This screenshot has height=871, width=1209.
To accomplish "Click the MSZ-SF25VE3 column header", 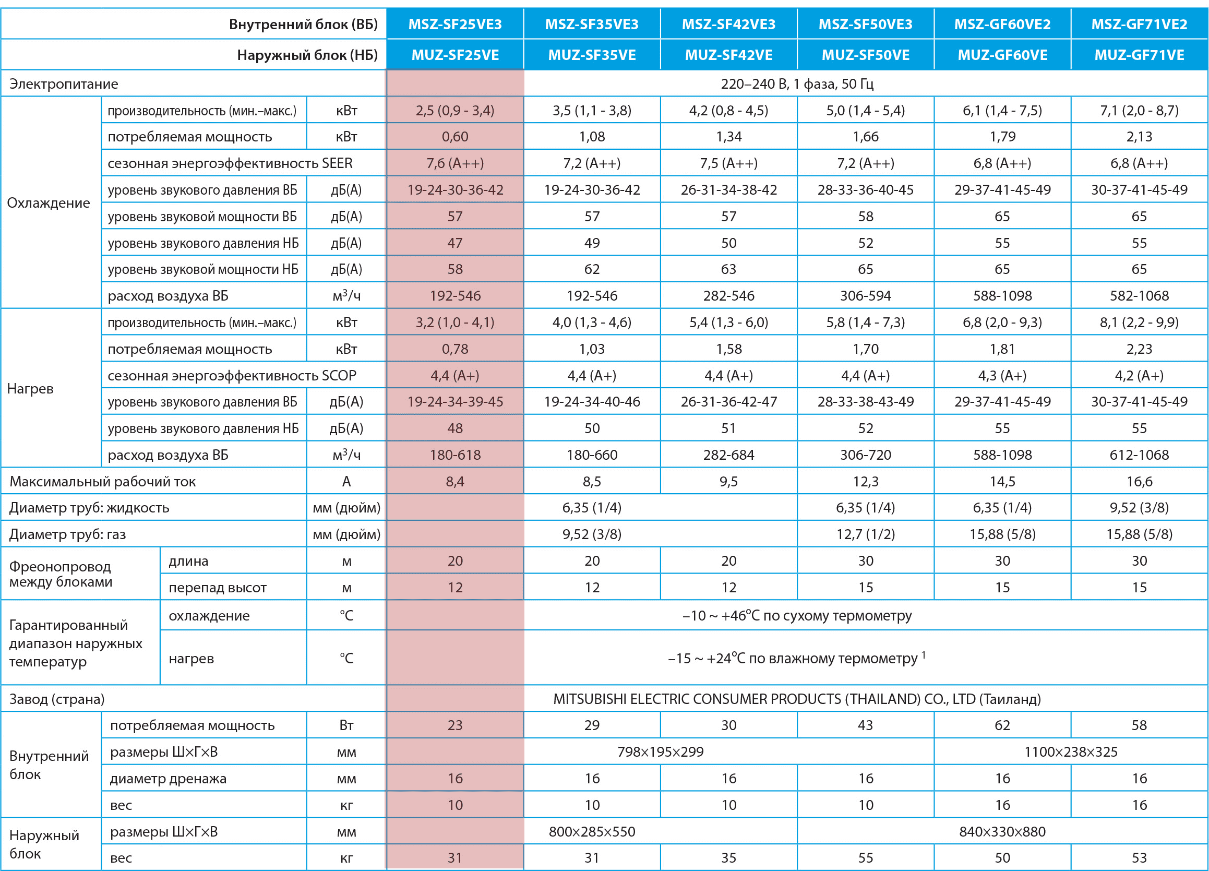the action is pyautogui.click(x=454, y=24).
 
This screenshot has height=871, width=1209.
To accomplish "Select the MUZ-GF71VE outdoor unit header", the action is pyautogui.click(x=1139, y=55).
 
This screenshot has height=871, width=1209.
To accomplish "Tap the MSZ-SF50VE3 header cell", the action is pyautogui.click(x=865, y=24).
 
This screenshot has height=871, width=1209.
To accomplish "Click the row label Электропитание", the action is pyautogui.click(x=64, y=83).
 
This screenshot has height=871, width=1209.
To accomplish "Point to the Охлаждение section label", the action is pyautogui.click(x=49, y=202).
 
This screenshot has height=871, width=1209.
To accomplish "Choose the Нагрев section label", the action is pyautogui.click(x=30, y=389).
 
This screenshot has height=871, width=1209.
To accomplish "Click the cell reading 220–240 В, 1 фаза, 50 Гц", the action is pyautogui.click(x=797, y=83).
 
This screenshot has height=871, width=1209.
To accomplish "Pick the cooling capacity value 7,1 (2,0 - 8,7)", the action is pyautogui.click(x=1139, y=110).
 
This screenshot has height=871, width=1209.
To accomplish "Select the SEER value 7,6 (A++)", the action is pyautogui.click(x=454, y=163).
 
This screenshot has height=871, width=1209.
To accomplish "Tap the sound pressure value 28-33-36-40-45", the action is pyautogui.click(x=865, y=190).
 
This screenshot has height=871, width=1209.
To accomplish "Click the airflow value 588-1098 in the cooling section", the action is pyautogui.click(x=1002, y=296).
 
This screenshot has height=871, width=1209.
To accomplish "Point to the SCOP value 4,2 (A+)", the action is pyautogui.click(x=1139, y=376).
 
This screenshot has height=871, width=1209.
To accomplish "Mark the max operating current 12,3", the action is pyautogui.click(x=865, y=482).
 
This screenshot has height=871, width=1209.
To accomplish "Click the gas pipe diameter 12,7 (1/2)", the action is pyautogui.click(x=865, y=534).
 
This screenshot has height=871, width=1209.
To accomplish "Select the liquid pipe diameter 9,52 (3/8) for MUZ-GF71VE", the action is pyautogui.click(x=1139, y=507).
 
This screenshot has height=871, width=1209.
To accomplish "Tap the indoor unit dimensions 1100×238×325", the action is pyautogui.click(x=1070, y=752).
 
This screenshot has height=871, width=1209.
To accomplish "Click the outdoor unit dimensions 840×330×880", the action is pyautogui.click(x=1002, y=831).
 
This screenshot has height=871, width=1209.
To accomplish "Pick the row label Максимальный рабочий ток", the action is pyautogui.click(x=102, y=482).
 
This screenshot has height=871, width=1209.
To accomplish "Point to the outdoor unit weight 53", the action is pyautogui.click(x=1139, y=857).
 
